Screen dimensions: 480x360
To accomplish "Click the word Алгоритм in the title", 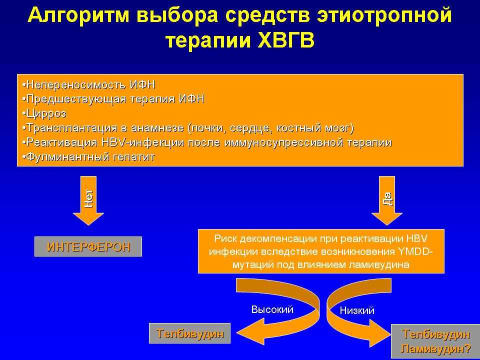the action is [x=78, y=15].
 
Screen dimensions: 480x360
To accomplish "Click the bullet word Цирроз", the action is [x=46, y=113].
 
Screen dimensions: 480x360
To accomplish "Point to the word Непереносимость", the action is [x=76, y=84].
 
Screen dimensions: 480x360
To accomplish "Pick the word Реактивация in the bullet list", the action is [x=60, y=142].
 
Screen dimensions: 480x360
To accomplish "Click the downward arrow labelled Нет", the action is [x=88, y=200].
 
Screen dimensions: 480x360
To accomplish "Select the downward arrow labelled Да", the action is [x=387, y=200].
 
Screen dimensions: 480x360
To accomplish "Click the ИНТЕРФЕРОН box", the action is [x=88, y=246].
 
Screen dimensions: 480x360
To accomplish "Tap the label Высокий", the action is [x=272, y=309].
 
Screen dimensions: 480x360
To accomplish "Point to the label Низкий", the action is [x=357, y=310].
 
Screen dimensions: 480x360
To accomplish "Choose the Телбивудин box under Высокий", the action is [x=190, y=333].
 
